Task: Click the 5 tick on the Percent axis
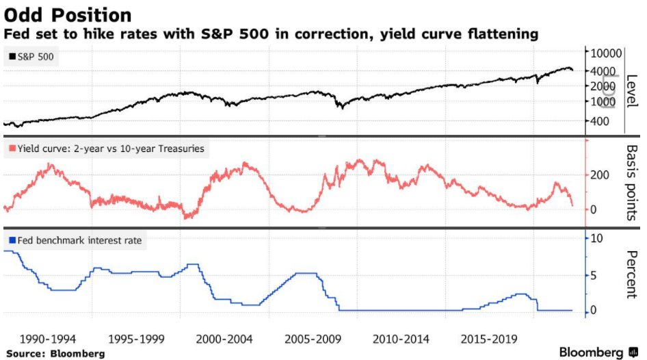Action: [595, 276]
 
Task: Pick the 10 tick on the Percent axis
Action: [597, 238]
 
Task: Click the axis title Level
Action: [631, 88]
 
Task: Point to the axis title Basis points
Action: [631, 182]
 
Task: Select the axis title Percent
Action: [631, 274]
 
